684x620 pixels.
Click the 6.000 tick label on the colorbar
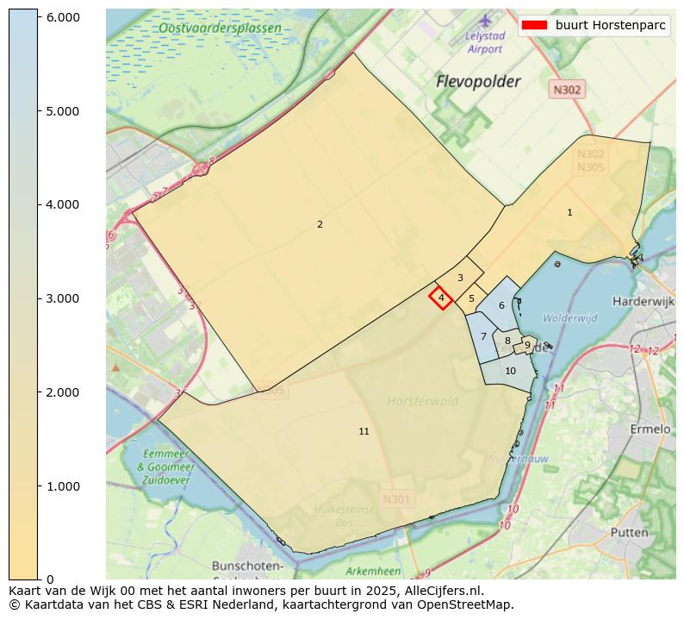point(62,17)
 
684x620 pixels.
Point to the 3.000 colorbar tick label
point(62,298)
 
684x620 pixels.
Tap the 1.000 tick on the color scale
point(62,486)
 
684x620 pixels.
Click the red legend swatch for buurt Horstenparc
point(534,25)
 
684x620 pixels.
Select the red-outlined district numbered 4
point(441,297)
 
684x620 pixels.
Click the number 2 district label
point(320,224)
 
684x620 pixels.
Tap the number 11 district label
point(364,431)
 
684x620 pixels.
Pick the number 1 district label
point(569,212)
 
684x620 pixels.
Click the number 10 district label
point(510,371)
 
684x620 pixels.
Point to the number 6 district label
point(501,305)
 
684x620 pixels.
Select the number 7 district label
point(483,336)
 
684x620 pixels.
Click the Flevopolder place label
point(478,82)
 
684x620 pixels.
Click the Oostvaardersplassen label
point(220,28)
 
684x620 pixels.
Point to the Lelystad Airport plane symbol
point(485,19)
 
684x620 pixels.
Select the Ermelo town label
point(650,429)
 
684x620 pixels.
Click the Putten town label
point(629,532)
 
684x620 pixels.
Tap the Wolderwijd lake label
point(569,318)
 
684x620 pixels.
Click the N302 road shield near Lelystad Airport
point(567,90)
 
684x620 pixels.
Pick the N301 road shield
point(395,498)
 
